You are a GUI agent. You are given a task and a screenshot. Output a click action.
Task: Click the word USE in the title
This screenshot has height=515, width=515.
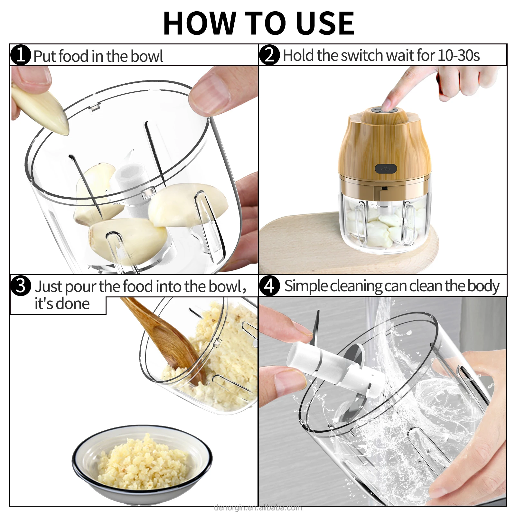click(x=324, y=23)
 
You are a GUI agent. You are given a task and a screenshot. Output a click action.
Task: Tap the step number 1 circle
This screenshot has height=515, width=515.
click(x=21, y=55)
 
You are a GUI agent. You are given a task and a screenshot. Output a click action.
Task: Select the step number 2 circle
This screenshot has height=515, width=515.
click(x=269, y=55)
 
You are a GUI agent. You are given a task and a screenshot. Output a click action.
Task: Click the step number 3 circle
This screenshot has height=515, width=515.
click(x=21, y=286)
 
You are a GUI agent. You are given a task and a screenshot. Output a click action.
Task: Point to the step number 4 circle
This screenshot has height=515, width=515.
click(x=269, y=286)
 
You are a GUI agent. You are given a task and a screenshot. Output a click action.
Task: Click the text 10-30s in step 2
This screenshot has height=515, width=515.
click(x=458, y=55)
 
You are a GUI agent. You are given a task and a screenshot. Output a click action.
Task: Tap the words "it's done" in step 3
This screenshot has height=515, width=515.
click(x=62, y=304)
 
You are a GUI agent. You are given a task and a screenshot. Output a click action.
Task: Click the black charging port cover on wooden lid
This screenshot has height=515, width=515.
click(x=386, y=168)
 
